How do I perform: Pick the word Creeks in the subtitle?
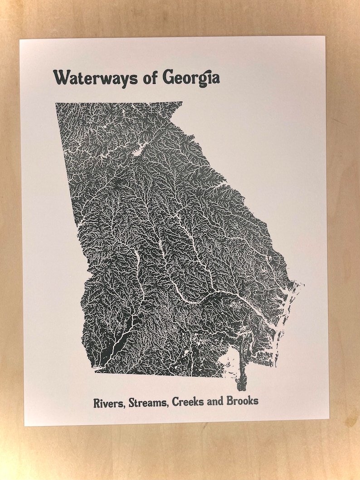[x=187, y=402]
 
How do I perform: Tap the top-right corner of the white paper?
[x=325, y=37]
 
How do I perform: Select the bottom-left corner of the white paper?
[x=25, y=425]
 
